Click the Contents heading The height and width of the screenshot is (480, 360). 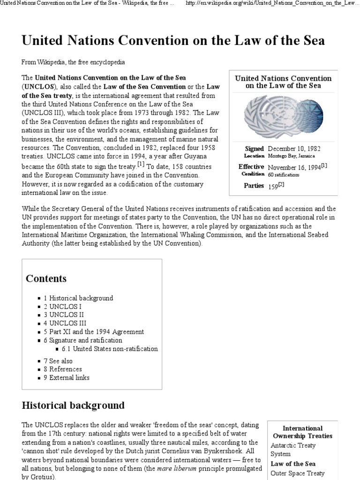[46, 278]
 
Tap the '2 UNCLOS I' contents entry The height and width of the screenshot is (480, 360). [63, 306]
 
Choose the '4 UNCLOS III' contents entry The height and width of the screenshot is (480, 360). [65, 323]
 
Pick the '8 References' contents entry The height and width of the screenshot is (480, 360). [61, 369]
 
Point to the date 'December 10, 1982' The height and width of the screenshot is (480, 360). [294, 149]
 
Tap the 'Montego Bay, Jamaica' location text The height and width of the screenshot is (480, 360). [291, 156]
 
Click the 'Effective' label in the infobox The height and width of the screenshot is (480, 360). [251, 166]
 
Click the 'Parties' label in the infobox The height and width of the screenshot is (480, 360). [254, 186]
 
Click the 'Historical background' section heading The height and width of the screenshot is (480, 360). [73, 405]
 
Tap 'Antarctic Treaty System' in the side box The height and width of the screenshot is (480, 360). [293, 450]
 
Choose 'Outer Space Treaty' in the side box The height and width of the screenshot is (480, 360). [297, 473]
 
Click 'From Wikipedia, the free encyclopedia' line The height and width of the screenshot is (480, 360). [73, 62]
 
